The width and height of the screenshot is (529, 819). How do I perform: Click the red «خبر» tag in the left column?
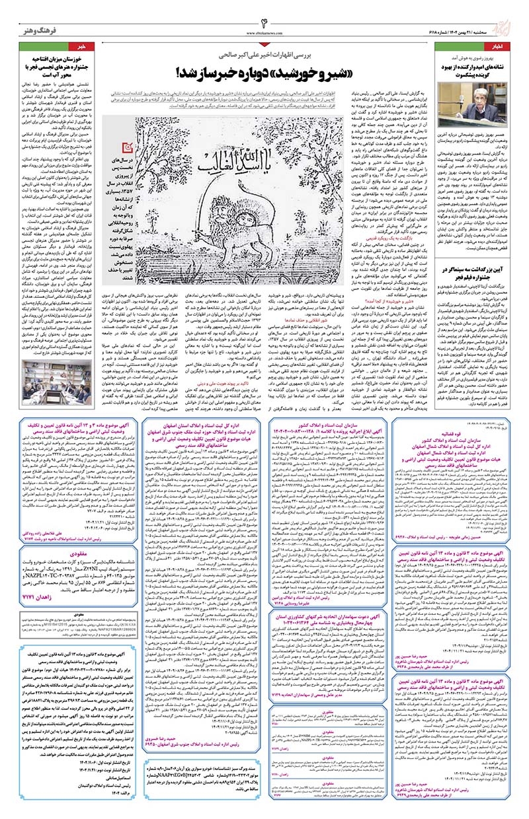[92, 47]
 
